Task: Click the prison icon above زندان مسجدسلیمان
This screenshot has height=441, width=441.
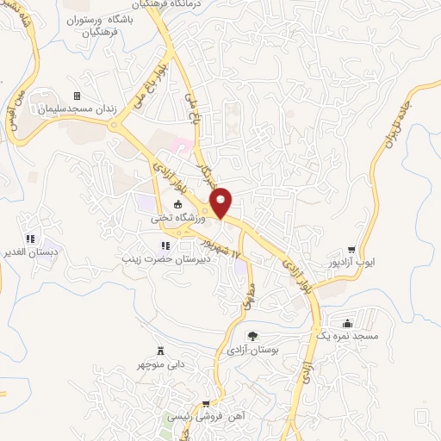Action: [x=76, y=96]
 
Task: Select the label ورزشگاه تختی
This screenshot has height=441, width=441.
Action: [x=170, y=219]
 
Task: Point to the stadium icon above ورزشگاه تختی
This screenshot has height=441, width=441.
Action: [x=178, y=205]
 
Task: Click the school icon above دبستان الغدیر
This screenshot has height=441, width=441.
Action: [x=31, y=239]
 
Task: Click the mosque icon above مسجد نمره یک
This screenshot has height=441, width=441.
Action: [x=347, y=323]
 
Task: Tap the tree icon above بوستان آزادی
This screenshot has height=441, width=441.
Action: [x=252, y=337]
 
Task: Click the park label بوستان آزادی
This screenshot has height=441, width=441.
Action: [x=252, y=351]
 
